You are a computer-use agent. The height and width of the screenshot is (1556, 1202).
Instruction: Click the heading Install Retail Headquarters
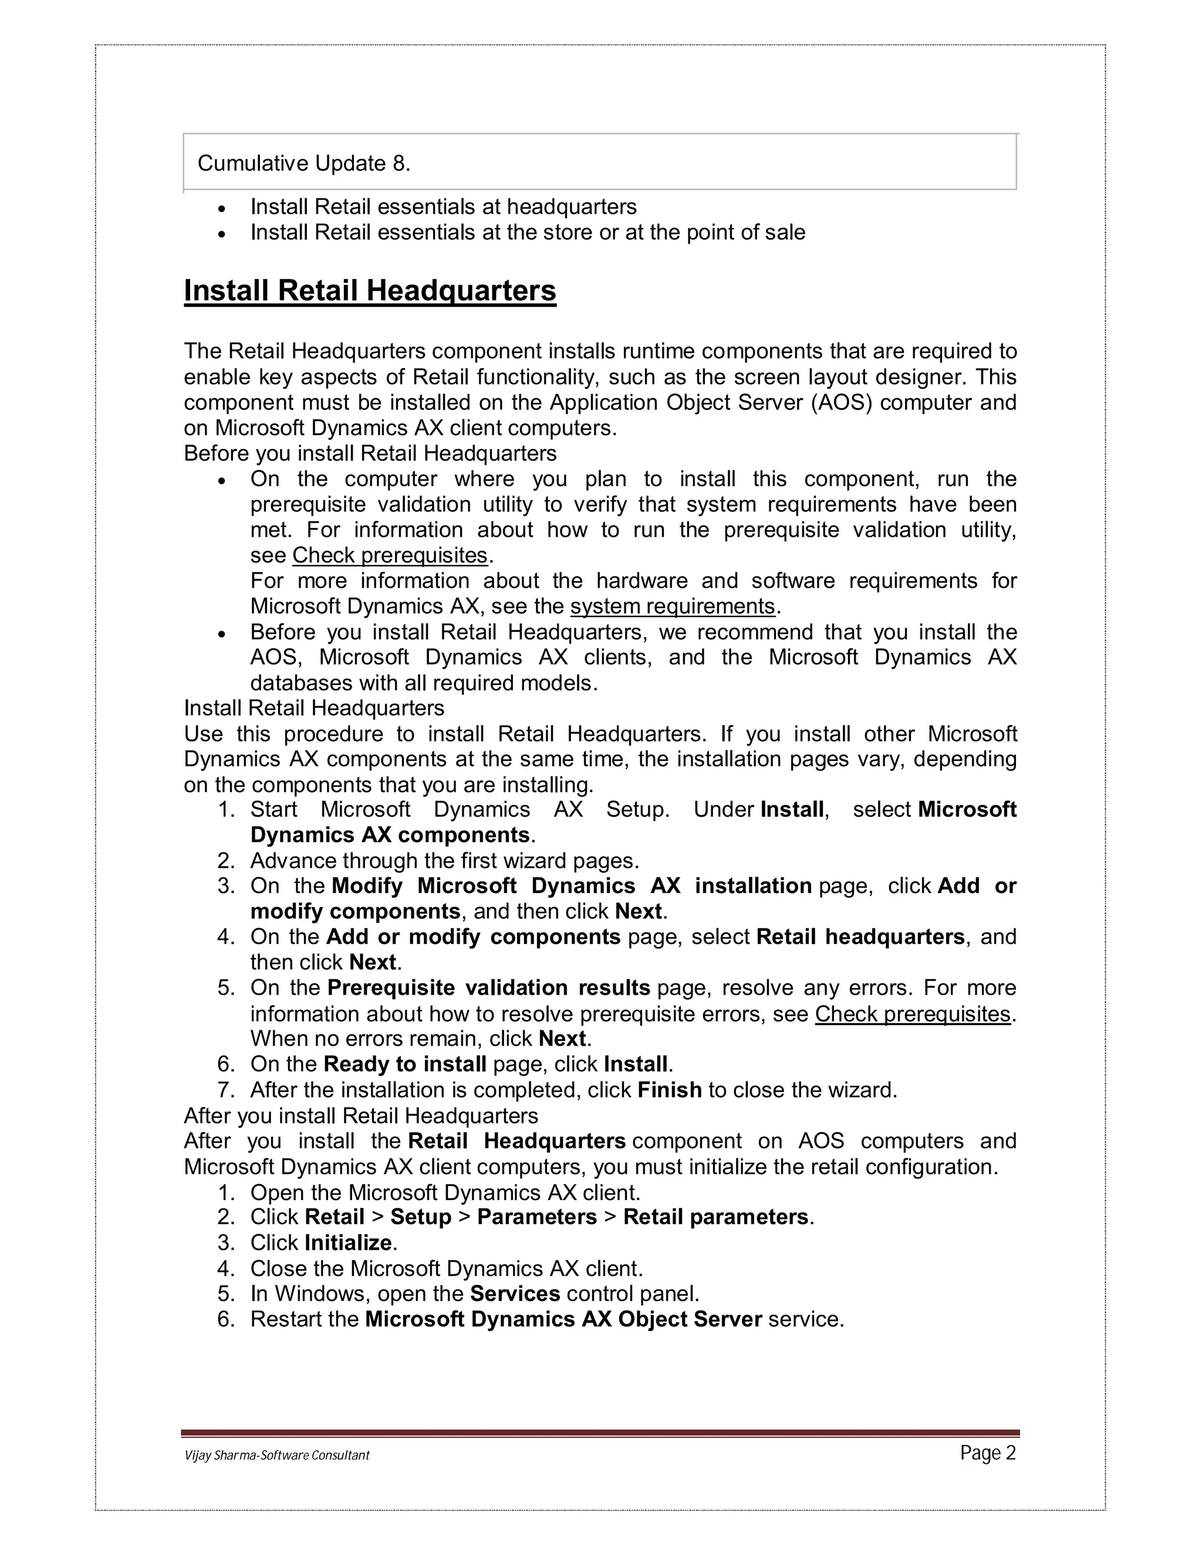(370, 291)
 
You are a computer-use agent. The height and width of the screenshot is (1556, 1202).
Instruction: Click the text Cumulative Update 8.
(304, 164)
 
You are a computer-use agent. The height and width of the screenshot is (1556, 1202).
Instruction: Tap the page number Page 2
(988, 1453)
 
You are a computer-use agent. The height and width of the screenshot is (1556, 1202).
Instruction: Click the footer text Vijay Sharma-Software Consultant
(277, 1455)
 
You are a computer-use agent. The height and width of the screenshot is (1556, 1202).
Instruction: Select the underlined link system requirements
(672, 607)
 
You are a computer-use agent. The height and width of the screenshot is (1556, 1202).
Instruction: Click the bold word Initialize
(348, 1242)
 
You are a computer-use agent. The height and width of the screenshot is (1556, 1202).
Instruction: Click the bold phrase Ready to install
(404, 1065)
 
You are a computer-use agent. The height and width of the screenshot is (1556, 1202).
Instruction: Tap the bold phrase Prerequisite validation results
(488, 988)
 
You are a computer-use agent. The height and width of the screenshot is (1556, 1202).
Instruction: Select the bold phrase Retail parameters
(715, 1217)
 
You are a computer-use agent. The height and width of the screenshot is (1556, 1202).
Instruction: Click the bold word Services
(515, 1294)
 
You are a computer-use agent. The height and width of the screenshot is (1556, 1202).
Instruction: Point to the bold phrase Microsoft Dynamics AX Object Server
(563, 1319)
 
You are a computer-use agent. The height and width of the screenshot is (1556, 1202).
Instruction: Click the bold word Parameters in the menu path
(537, 1217)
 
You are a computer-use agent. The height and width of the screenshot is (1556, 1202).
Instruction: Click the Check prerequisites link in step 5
(912, 1014)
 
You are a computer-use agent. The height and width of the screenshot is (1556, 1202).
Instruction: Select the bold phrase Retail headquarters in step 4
(860, 937)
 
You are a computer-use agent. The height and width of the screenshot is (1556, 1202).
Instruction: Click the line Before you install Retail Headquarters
(370, 453)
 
